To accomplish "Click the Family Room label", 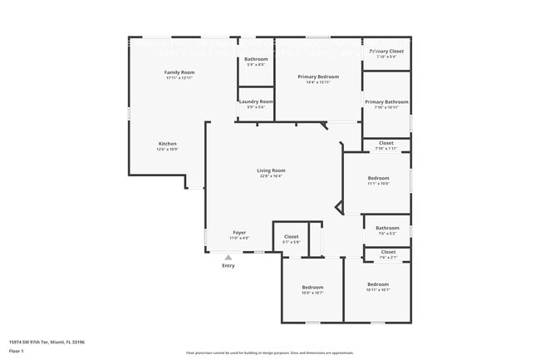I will (179, 73).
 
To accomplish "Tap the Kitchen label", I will (168, 144).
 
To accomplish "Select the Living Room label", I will (271, 170).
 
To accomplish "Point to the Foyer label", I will (238, 233).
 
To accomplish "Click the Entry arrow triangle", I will (228, 258).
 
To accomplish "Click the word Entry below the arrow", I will (228, 266).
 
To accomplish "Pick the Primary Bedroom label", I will (319, 76).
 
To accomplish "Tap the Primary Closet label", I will (386, 52).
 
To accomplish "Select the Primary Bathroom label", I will (386, 101).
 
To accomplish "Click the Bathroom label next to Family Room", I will (256, 59).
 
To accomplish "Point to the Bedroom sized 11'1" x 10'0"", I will (378, 178).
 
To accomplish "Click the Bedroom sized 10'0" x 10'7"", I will (312, 288).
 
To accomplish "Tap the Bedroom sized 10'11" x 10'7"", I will (377, 284).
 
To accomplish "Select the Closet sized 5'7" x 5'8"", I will (291, 237).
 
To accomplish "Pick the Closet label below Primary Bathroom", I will (386, 143).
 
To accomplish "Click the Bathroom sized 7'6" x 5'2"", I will (387, 228).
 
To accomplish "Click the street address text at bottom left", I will (47, 342).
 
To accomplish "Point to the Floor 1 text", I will (17, 350).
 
